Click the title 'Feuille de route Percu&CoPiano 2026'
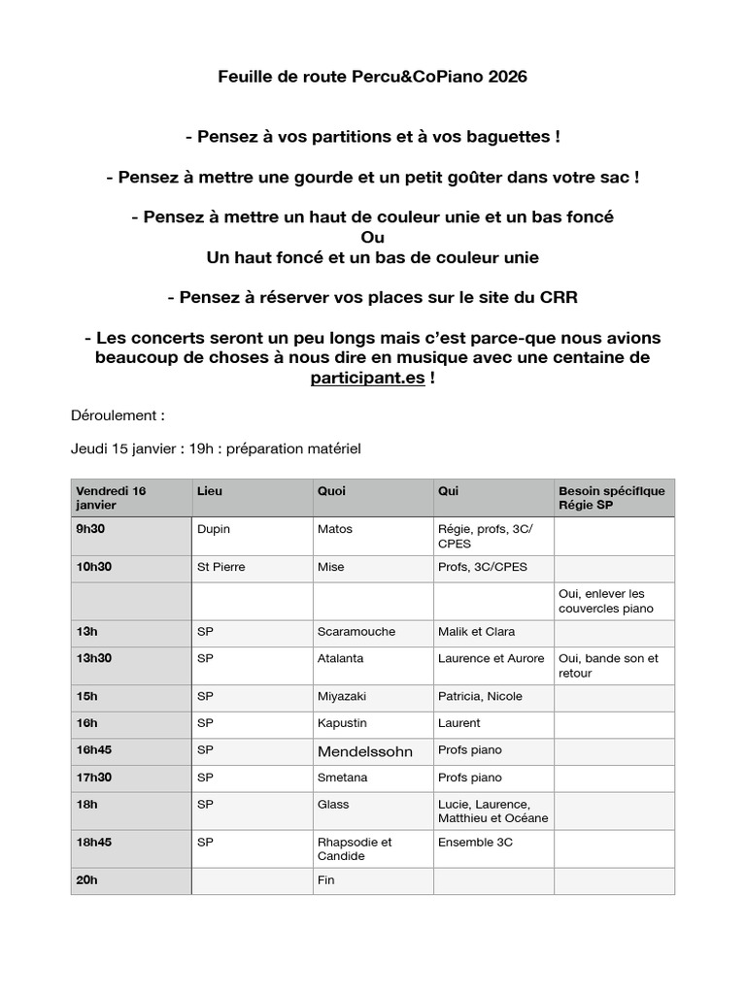[x=373, y=77]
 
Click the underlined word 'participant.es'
[x=367, y=378]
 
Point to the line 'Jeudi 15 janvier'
[x=216, y=448]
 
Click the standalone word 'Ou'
[x=372, y=238]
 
